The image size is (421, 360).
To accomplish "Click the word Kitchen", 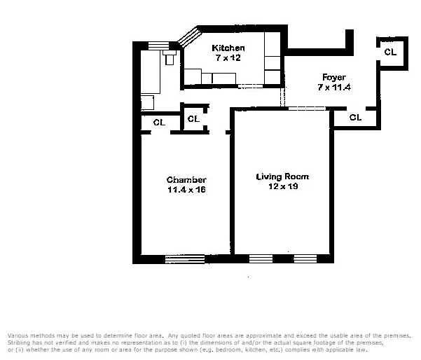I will pyautogui.click(x=228, y=48).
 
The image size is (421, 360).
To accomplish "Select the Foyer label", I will pyautogui.click(x=333, y=76).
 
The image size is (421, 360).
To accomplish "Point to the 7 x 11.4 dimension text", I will pyautogui.click(x=333, y=87).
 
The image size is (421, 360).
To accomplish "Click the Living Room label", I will pyautogui.click(x=282, y=176).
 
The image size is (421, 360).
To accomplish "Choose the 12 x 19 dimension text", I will pyautogui.click(x=282, y=186).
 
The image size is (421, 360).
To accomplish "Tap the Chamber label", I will pyautogui.click(x=186, y=180).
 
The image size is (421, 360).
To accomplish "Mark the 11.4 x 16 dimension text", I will pyautogui.click(x=186, y=190).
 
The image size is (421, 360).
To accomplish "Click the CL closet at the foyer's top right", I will pyautogui.click(x=389, y=53).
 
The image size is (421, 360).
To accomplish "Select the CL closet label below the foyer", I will pyautogui.click(x=355, y=118).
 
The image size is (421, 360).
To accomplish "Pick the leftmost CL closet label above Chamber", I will pyautogui.click(x=159, y=123).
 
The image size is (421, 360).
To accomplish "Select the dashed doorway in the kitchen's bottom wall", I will pyautogui.click(x=249, y=86).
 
